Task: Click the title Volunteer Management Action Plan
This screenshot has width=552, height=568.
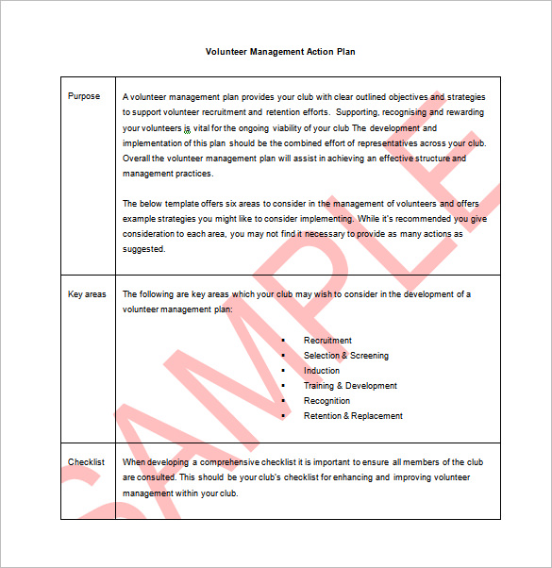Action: pyautogui.click(x=280, y=52)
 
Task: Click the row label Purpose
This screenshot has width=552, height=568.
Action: pyautogui.click(x=84, y=96)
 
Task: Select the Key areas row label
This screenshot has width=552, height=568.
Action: pyautogui.click(x=87, y=294)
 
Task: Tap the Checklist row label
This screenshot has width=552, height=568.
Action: pyautogui.click(x=86, y=462)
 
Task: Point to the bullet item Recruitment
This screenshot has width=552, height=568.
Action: pyautogui.click(x=327, y=341)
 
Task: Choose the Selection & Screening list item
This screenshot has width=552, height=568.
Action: pyautogui.click(x=345, y=356)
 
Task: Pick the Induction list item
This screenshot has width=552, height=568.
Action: pyautogui.click(x=322, y=371)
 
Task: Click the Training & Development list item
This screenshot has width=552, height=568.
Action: pyautogui.click(x=350, y=386)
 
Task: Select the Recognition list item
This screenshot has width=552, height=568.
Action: pyautogui.click(x=326, y=401)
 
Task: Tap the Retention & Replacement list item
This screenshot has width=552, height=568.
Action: pyautogui.click(x=353, y=416)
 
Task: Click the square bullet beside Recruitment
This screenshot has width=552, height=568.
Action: pyautogui.click(x=283, y=341)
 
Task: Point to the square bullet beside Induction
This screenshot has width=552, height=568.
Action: pyautogui.click(x=283, y=371)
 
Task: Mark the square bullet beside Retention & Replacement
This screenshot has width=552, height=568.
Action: pyautogui.click(x=283, y=416)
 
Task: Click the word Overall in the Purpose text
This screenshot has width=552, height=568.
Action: pyautogui.click(x=137, y=159)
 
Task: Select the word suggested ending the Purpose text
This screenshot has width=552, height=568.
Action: pyautogui.click(x=143, y=250)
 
